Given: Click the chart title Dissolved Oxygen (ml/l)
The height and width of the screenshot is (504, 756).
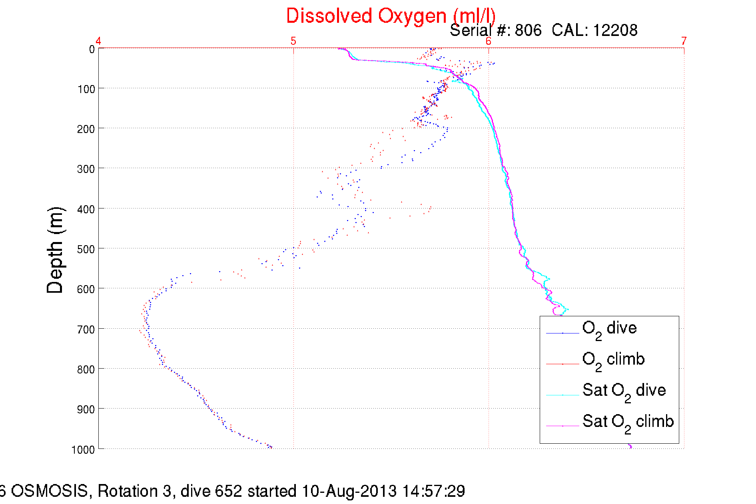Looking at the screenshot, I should [391, 16].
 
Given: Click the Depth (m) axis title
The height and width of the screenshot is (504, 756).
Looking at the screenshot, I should [55, 250].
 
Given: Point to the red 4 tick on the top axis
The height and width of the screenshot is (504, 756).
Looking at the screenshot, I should [98, 41].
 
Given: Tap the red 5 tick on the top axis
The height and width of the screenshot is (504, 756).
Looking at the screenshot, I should [293, 41].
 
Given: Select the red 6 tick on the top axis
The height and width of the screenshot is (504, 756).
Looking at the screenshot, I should [488, 41].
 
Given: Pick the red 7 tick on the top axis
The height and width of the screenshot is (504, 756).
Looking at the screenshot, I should [684, 41].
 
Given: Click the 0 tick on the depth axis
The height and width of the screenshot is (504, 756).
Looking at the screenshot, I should [92, 50].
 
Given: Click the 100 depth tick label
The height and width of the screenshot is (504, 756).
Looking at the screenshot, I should [86, 89].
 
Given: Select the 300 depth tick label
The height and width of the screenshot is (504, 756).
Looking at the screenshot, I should [86, 169].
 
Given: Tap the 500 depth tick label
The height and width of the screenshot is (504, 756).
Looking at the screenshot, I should [86, 249].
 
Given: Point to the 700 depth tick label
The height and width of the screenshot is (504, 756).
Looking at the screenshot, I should [86, 329].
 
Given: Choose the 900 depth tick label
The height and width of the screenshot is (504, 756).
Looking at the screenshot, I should [86, 409].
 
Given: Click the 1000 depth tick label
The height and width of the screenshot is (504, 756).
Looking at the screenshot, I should [83, 450].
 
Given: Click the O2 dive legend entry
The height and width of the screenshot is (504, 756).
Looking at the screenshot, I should [609, 329].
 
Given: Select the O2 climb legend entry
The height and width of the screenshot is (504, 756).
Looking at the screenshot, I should [613, 360].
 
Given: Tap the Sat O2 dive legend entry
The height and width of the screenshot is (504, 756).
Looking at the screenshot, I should [624, 391].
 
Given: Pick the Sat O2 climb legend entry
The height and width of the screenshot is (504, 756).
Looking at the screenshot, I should [628, 422].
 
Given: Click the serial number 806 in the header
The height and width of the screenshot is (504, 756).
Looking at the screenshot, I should [528, 30].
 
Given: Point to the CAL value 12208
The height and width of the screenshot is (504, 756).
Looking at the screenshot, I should [615, 30].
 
